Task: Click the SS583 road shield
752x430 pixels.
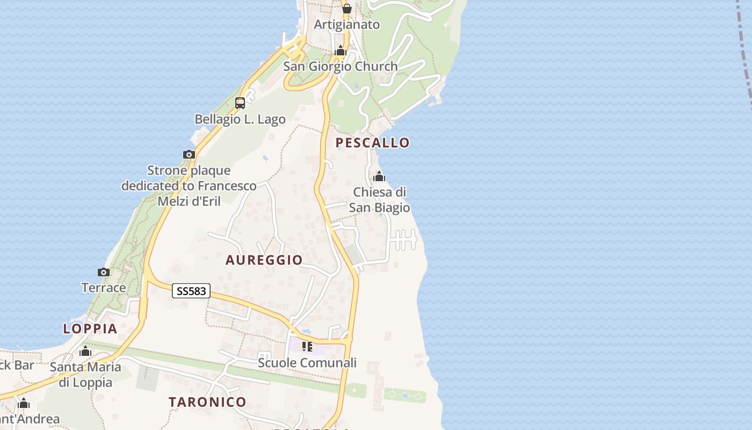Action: pyautogui.click(x=191, y=291)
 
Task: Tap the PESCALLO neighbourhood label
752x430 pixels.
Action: pyautogui.click(x=373, y=142)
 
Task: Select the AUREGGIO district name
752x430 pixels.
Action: pyautogui.click(x=264, y=260)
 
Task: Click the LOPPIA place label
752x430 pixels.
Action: pyautogui.click(x=90, y=328)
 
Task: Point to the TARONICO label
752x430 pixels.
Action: pyautogui.click(x=207, y=402)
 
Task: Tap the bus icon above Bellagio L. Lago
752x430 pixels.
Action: pyautogui.click(x=240, y=103)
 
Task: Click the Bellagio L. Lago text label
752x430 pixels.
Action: pyautogui.click(x=240, y=119)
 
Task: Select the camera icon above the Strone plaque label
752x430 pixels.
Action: pyautogui.click(x=189, y=154)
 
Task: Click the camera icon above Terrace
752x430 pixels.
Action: pyautogui.click(x=104, y=272)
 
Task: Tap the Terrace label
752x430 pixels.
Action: pyautogui.click(x=104, y=288)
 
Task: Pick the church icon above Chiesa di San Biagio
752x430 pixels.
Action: pyautogui.click(x=379, y=176)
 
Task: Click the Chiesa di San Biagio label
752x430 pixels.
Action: pyautogui.click(x=380, y=200)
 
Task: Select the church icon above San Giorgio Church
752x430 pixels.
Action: pyautogui.click(x=340, y=51)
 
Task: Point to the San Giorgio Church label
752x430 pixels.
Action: pyautogui.click(x=341, y=66)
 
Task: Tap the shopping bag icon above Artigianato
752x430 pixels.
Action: pyautogui.click(x=347, y=9)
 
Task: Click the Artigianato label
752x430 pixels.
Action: pyautogui.click(x=347, y=24)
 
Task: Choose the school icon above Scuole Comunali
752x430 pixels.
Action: pyautogui.click(x=307, y=347)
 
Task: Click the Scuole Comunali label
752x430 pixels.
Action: pyautogui.click(x=307, y=363)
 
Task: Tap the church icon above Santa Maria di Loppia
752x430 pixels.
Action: pyautogui.click(x=85, y=352)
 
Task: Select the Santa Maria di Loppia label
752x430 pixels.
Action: pyautogui.click(x=85, y=375)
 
